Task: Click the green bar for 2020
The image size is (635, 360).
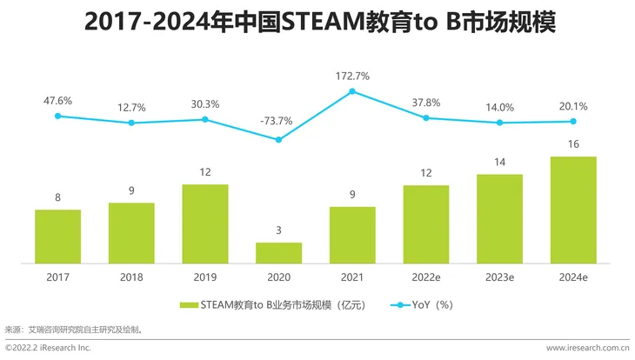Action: (x=278, y=252)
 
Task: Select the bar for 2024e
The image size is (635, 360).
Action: (x=572, y=209)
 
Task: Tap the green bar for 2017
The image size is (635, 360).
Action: (x=57, y=236)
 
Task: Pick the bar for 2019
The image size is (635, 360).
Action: (x=204, y=223)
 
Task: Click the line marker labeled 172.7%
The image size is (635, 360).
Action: (x=352, y=90)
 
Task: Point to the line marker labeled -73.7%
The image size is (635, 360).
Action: (x=278, y=139)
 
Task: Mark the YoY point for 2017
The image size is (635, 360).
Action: (x=57, y=116)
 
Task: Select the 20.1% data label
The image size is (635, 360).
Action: (x=572, y=106)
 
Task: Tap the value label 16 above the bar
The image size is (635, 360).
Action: (x=572, y=143)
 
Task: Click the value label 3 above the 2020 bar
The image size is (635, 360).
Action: (x=278, y=230)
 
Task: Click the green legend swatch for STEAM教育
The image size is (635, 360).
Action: (x=189, y=305)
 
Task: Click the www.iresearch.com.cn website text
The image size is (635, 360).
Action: (x=587, y=348)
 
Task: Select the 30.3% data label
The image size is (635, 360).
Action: (x=204, y=104)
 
